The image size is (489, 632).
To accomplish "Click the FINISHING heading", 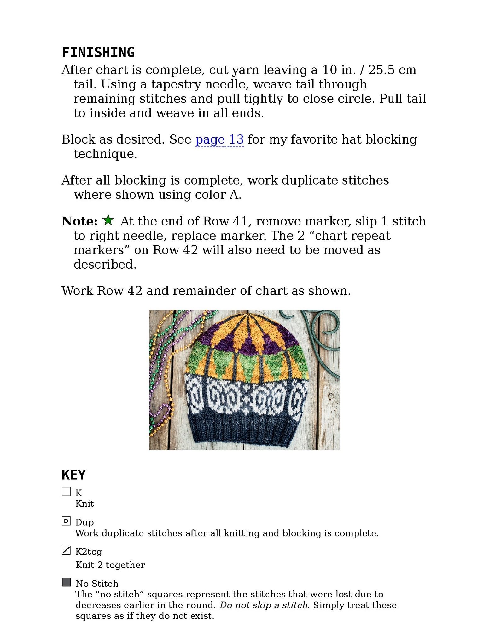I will pyautogui.click(x=98, y=52).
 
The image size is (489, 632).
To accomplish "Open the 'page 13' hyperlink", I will pyautogui.click(x=219, y=139).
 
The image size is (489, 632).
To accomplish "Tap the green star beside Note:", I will pyautogui.click(x=108, y=220).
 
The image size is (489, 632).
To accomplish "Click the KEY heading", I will pyautogui.click(x=73, y=475).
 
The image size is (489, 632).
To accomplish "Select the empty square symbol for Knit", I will pyautogui.click(x=66, y=492).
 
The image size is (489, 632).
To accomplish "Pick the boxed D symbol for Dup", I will pyautogui.click(x=66, y=521).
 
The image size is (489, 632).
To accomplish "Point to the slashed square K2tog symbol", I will pyautogui.click(x=66, y=550).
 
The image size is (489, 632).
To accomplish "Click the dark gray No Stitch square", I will pyautogui.click(x=66, y=582).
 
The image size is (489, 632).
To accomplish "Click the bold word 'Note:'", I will pyautogui.click(x=79, y=221).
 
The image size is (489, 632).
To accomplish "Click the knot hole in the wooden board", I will pyautogui.click(x=331, y=396).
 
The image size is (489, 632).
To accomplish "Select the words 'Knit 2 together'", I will pyautogui.click(x=110, y=565).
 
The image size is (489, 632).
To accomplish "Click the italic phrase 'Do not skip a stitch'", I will pyautogui.click(x=263, y=605).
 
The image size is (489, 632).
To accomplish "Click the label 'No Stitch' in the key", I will pyautogui.click(x=97, y=584).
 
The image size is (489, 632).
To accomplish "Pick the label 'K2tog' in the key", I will pyautogui.click(x=89, y=551).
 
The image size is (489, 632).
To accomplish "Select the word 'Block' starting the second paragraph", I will pyautogui.click(x=78, y=139).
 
